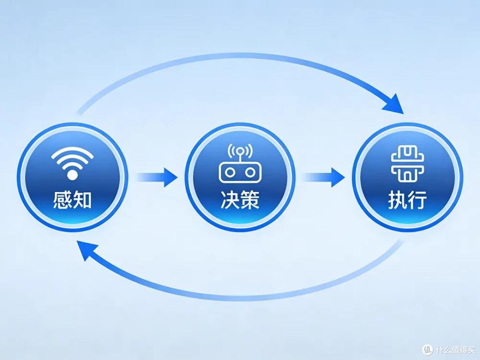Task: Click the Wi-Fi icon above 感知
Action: click(x=72, y=163)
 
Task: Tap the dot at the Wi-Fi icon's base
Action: click(x=72, y=175)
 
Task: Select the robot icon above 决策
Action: click(x=240, y=163)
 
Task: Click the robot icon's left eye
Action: click(x=230, y=172)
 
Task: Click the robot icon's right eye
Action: click(x=250, y=172)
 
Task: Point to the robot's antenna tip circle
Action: click(x=240, y=151)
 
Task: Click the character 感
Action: click(x=63, y=200)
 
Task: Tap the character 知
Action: click(x=82, y=200)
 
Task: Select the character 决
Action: click(x=230, y=200)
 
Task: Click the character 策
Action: click(x=250, y=200)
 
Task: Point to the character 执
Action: click(x=398, y=200)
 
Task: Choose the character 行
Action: click(x=417, y=200)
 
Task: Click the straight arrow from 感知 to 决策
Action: click(x=156, y=177)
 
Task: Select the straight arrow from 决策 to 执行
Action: click(x=323, y=177)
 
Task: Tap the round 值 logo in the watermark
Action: click(x=428, y=350)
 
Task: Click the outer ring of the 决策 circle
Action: click(x=240, y=124)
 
